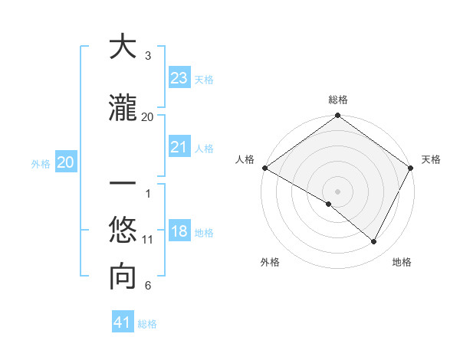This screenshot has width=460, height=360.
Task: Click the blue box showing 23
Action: pos(179,78)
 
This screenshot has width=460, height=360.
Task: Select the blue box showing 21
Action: pos(179,147)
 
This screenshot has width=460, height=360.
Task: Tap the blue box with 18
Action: pos(179,232)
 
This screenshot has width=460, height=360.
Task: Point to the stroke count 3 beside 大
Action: pos(148,56)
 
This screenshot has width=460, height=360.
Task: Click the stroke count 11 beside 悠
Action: pos(148,240)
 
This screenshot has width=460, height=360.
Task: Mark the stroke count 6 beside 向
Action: pos(148,286)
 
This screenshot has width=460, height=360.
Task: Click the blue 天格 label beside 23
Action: pos(204,80)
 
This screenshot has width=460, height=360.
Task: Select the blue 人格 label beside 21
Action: pos(204,149)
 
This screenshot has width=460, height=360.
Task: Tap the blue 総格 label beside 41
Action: pos(147,324)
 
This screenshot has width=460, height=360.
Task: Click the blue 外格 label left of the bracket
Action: pos(41,163)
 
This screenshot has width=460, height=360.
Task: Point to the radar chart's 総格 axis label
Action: pos(337,100)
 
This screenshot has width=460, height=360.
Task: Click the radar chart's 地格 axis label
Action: pos(402,262)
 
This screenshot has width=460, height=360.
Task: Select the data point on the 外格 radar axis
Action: pos(329,204)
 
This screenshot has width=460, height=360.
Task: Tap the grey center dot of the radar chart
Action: pos(337,191)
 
